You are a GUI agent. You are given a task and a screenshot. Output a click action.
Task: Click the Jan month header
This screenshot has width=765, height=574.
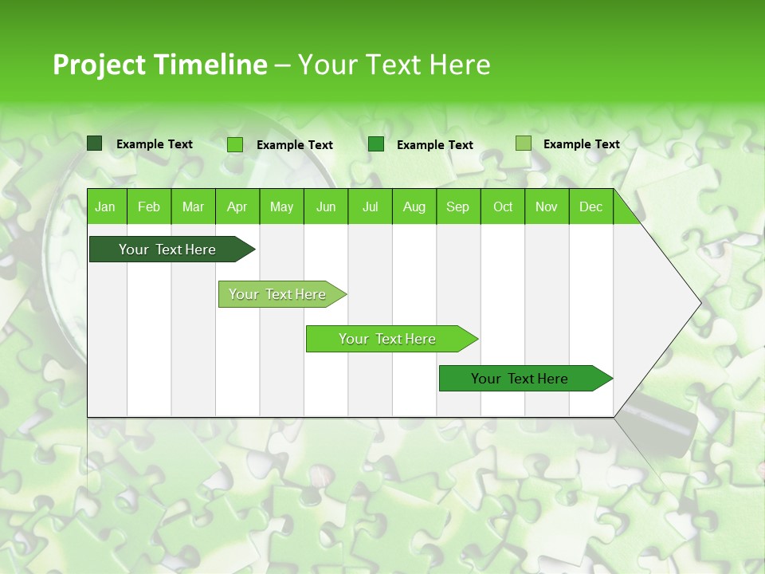click(105, 207)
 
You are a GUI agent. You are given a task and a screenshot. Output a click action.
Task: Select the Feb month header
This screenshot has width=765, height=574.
click(149, 207)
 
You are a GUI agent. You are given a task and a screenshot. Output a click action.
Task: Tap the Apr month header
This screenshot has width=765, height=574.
click(237, 207)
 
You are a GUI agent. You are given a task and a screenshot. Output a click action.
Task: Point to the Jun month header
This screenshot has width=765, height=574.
click(326, 207)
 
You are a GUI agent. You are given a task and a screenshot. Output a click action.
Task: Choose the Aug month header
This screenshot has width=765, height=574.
click(414, 207)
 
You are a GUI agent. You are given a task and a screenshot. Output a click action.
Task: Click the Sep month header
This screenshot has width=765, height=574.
click(458, 207)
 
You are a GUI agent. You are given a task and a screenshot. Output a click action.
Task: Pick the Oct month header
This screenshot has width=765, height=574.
click(503, 207)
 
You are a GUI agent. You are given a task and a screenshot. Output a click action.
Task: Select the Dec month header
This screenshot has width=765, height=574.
click(591, 207)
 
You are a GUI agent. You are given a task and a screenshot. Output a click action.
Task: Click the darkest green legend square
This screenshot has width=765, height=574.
click(95, 143)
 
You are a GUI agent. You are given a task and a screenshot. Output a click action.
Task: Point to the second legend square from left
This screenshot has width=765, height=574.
click(235, 144)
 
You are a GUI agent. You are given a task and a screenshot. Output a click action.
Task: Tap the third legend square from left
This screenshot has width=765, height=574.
click(376, 144)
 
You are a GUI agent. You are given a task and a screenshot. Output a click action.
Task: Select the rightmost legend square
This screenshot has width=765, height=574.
click(524, 143)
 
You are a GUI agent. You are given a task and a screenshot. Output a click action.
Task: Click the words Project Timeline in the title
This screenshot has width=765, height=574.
click(159, 65)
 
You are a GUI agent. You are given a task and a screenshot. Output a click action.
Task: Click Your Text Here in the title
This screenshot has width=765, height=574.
click(394, 65)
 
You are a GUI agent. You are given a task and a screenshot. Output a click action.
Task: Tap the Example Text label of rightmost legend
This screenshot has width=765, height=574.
click(581, 144)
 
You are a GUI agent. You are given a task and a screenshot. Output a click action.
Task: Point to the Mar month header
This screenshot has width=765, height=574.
click(193, 207)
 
